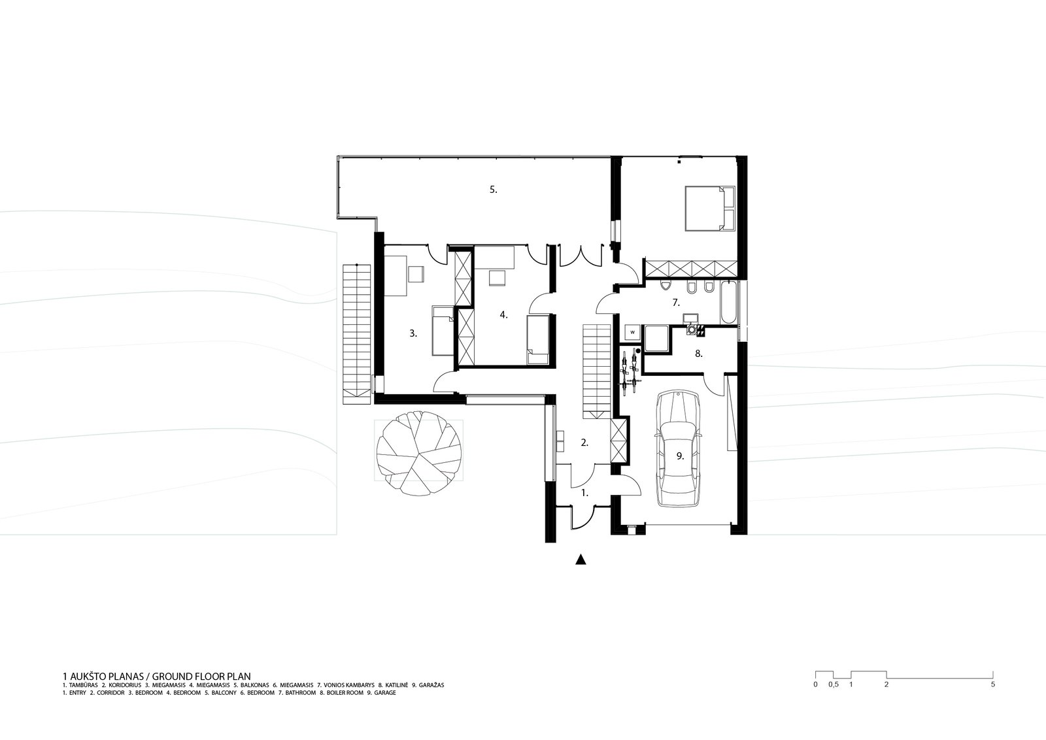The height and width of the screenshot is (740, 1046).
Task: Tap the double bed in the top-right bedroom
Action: click(x=709, y=208)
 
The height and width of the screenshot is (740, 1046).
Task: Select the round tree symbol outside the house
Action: click(x=419, y=453)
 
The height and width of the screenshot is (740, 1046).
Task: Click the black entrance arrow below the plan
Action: click(x=581, y=560)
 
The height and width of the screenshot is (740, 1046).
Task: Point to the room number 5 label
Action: click(x=493, y=189)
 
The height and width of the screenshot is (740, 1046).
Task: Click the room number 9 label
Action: click(x=680, y=456)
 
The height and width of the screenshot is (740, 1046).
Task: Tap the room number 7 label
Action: click(x=676, y=303)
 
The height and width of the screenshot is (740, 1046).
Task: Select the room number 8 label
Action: click(x=699, y=354)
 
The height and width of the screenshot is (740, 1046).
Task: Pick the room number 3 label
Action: click(x=413, y=333)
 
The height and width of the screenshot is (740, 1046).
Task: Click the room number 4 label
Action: click(x=503, y=314)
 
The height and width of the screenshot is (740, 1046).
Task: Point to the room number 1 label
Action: click(x=584, y=492)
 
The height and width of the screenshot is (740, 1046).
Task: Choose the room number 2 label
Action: click(x=584, y=443)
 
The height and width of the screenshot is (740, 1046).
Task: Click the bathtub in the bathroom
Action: click(x=728, y=303)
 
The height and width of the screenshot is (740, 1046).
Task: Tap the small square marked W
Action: click(x=633, y=332)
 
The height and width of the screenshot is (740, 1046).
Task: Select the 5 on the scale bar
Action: click(x=993, y=685)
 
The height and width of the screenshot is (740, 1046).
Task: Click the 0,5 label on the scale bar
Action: click(x=833, y=685)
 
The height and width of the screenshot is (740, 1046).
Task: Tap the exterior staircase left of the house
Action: click(x=357, y=334)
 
